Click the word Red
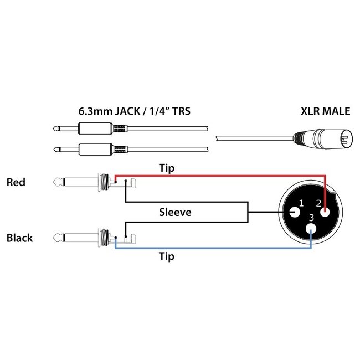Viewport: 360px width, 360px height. pyautogui.click(x=16, y=182)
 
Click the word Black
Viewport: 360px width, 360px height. pyautogui.click(x=19, y=239)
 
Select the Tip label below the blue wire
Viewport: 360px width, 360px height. pyautogui.click(x=167, y=256)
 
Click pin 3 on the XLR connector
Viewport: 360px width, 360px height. pyautogui.click(x=311, y=228)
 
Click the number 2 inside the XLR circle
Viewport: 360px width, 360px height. pyautogui.click(x=319, y=204)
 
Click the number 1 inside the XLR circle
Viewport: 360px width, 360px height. pyautogui.click(x=301, y=204)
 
